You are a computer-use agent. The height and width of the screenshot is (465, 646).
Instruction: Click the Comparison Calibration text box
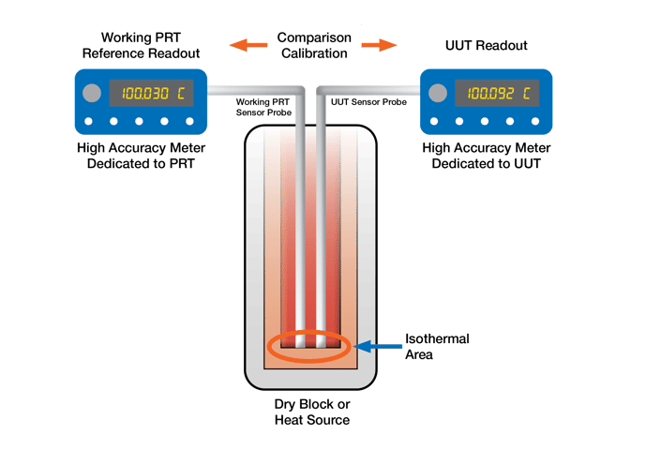(314, 45)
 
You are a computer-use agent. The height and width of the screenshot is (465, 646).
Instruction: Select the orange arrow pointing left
(246, 44)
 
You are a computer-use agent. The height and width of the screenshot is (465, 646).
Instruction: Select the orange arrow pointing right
(380, 44)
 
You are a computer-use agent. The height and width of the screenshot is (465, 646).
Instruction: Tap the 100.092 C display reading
(498, 94)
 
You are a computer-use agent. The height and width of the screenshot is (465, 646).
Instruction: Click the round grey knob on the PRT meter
(91, 94)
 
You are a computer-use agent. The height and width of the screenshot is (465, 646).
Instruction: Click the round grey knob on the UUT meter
(436, 94)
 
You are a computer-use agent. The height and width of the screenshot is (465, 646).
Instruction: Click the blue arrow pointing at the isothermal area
(380, 347)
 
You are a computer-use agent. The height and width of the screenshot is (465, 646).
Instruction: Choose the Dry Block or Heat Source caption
(311, 412)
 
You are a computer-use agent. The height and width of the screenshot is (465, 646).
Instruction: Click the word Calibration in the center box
(314, 53)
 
